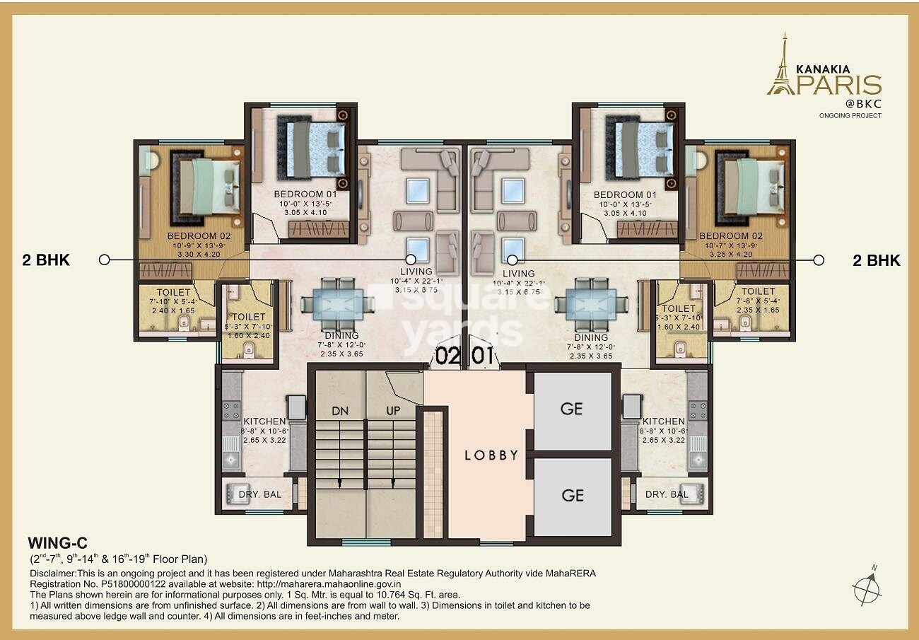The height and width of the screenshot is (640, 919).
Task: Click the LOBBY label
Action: pos(491,455)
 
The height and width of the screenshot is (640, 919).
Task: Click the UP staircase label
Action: pos(394,411)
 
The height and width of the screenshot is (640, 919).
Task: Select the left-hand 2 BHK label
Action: pos(47,260)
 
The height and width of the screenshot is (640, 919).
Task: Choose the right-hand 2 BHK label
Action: pos(877,260)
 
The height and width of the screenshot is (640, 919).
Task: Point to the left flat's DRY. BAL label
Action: pos(260,494)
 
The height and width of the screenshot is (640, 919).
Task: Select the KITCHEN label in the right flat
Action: pos(663,421)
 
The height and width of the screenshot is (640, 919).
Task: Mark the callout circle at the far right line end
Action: pos(819,260)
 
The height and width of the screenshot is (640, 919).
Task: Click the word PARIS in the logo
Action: pos(844,85)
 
